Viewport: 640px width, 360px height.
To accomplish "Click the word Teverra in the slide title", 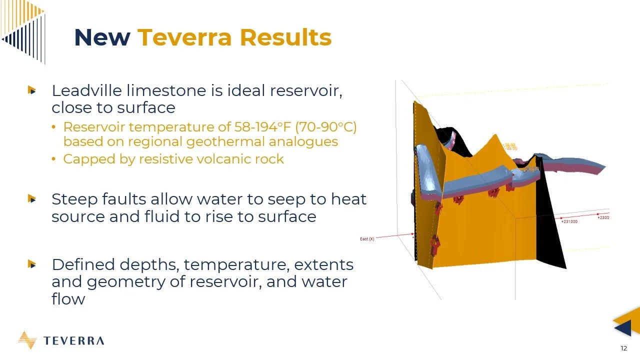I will (x=185, y=37).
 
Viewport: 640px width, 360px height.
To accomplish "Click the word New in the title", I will (x=102, y=37).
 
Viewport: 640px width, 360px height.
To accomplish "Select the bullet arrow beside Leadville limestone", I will (x=32, y=90).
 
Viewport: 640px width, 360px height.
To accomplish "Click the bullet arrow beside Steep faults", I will (x=32, y=199).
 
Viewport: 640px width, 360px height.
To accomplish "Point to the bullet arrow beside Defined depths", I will (x=32, y=264).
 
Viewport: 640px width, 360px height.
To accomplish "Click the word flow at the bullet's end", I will (x=68, y=299).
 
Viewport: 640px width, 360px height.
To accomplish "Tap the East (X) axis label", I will (x=367, y=239).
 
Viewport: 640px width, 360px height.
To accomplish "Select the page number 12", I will (x=623, y=348).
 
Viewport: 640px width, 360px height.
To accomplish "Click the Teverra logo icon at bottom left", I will (x=27, y=340).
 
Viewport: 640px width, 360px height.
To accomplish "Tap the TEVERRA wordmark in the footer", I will (x=73, y=341).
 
